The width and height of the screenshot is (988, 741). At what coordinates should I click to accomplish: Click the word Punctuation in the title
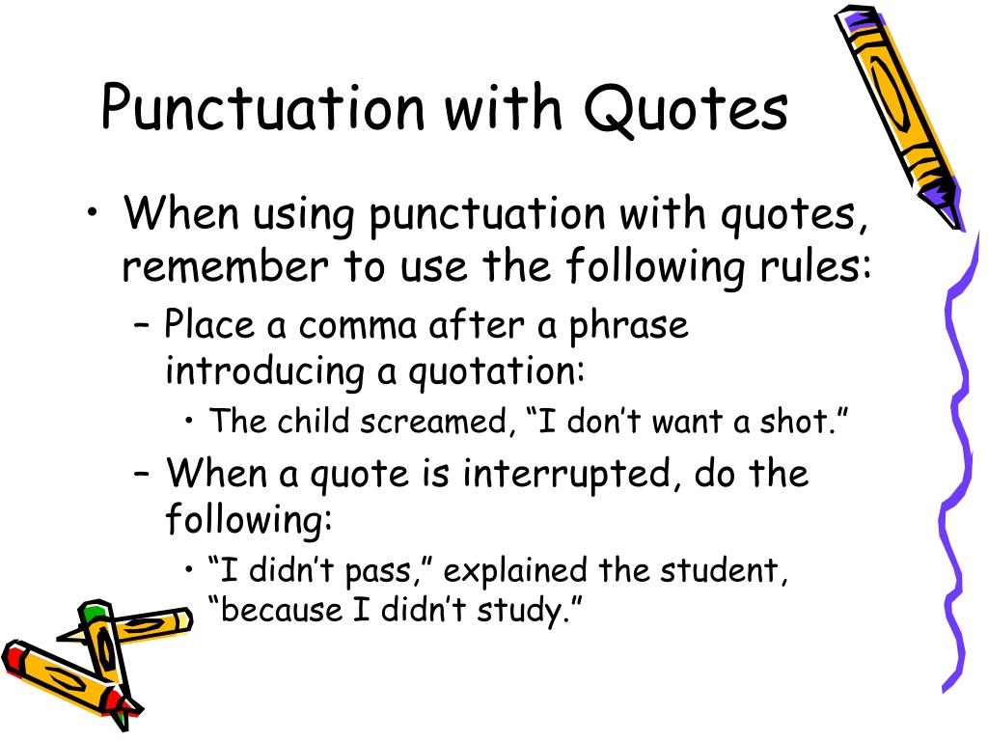(x=263, y=107)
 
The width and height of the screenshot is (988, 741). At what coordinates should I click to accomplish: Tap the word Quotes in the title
(x=686, y=108)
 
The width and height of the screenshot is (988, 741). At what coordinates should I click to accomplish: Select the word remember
(x=225, y=265)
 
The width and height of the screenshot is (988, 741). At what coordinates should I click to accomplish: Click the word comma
(x=358, y=327)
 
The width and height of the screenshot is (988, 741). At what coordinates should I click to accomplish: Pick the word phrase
(x=628, y=327)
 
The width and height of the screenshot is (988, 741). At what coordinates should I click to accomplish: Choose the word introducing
(x=264, y=371)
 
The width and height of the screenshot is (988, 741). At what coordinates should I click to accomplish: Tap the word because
(x=281, y=609)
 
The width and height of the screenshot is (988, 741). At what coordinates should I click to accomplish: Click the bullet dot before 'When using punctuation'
(x=93, y=212)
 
